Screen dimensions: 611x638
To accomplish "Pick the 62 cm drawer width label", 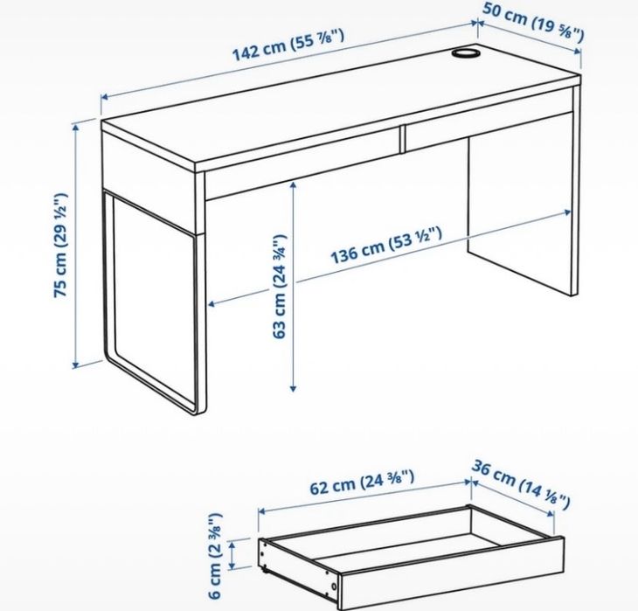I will (361, 483).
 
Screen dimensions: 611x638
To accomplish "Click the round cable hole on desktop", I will (465, 55).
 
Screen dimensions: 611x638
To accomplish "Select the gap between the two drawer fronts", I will (403, 137).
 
